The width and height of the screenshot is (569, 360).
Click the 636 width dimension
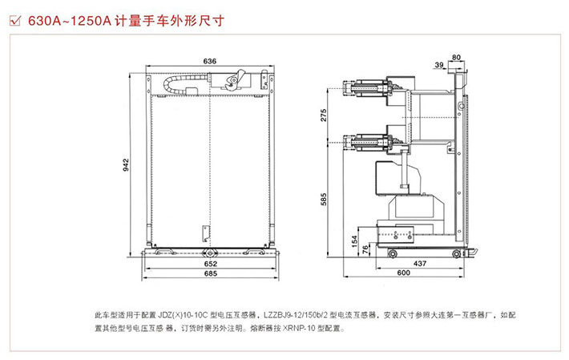pyautogui.click(x=209, y=60)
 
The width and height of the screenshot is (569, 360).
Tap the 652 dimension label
pyautogui.click(x=208, y=263)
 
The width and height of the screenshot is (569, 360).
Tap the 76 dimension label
pyautogui.click(x=366, y=250)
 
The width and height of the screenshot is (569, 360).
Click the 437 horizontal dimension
pyautogui.click(x=418, y=263)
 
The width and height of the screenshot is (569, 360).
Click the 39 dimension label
pyautogui.click(x=440, y=65)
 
